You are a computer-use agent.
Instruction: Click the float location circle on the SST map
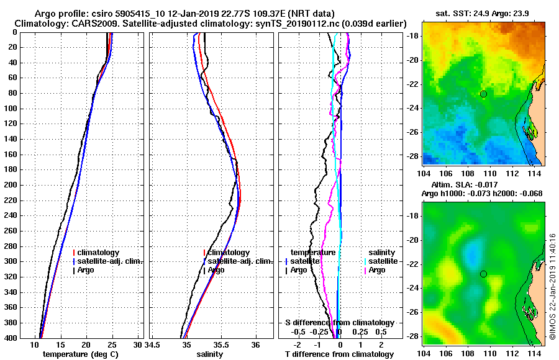point(483,94)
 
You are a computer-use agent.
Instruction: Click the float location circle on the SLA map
point(483,274)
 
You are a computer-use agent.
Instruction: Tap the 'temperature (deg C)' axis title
point(80,354)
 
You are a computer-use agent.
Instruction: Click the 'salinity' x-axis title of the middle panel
point(211,354)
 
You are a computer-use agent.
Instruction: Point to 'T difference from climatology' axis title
point(339,354)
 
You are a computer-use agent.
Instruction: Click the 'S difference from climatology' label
point(339,323)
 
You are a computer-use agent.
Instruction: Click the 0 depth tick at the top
point(14,32)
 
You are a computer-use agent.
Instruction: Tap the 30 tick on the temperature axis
point(138,344)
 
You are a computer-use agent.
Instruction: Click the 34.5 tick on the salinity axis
point(154,344)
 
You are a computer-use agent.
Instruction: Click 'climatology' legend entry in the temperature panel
point(98,253)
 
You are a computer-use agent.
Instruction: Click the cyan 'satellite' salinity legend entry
point(381,261)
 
